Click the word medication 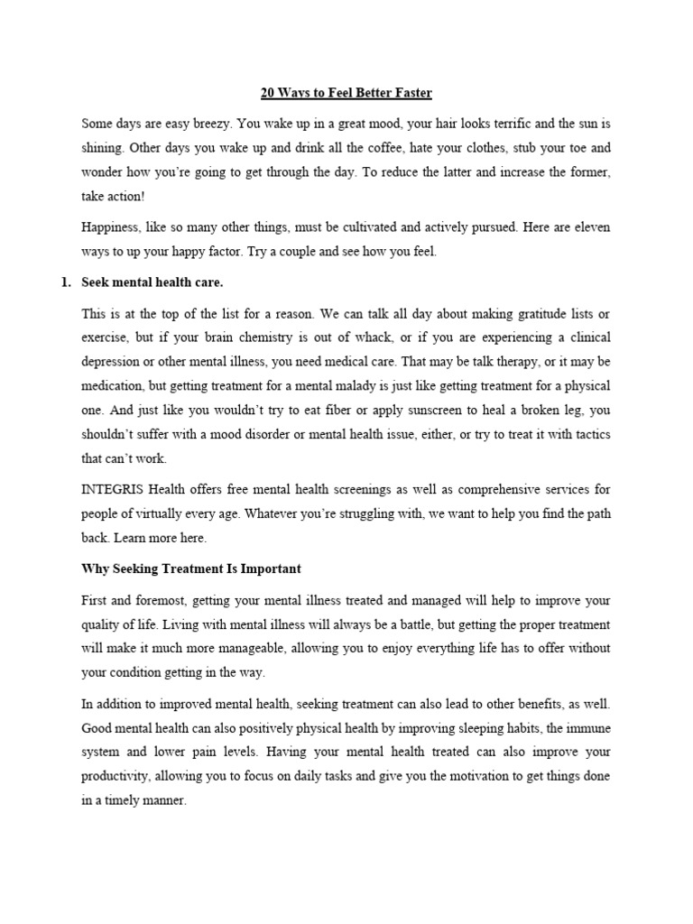click(x=116, y=385)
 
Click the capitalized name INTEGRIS click(x=113, y=489)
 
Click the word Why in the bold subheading click(x=95, y=569)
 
